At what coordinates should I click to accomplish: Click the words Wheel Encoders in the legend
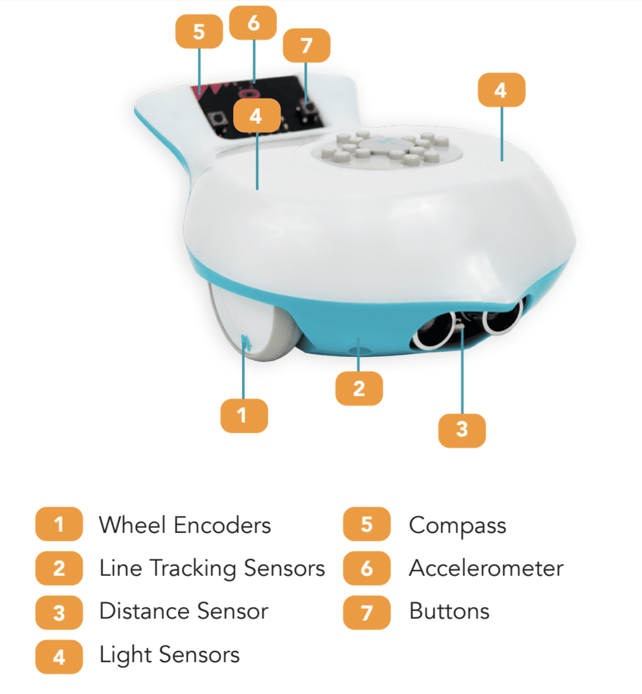click(x=185, y=525)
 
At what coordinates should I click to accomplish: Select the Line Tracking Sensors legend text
click(x=212, y=568)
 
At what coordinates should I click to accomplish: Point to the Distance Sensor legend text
click(x=184, y=612)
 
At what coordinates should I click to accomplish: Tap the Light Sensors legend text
click(x=169, y=655)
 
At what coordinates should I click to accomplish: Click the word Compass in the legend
click(x=457, y=525)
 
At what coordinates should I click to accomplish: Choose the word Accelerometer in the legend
click(x=486, y=568)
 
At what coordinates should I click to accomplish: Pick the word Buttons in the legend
click(x=449, y=612)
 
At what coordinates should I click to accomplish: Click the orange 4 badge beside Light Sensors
click(x=59, y=657)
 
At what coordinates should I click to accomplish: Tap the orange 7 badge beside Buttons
click(x=367, y=613)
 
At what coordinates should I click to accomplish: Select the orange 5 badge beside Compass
click(x=367, y=524)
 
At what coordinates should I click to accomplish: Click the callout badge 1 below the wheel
click(x=244, y=415)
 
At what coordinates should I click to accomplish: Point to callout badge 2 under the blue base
click(x=359, y=389)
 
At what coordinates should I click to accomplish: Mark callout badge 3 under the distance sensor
click(x=462, y=429)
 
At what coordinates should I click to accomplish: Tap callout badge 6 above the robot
click(x=253, y=23)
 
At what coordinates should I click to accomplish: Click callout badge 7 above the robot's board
click(x=306, y=45)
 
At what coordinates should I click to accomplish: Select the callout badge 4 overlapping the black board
click(x=257, y=115)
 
